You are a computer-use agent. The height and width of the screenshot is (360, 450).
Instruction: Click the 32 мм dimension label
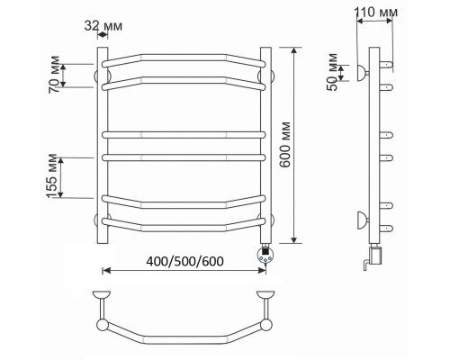pyautogui.click(x=103, y=26)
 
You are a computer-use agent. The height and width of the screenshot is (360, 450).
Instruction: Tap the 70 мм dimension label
pyautogui.click(x=54, y=75)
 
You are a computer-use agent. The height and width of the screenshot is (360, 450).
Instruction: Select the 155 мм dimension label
pyautogui.click(x=52, y=176)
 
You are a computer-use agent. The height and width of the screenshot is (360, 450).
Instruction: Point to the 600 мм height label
pyautogui.click(x=284, y=144)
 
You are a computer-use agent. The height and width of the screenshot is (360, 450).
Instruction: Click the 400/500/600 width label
pyautogui.click(x=184, y=261)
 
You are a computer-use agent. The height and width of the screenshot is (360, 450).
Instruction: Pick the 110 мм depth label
pyautogui.click(x=376, y=13)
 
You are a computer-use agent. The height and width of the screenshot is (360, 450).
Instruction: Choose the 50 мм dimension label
pyautogui.click(x=333, y=72)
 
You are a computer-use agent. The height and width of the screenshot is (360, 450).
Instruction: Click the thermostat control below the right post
pyautogui.click(x=265, y=254)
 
